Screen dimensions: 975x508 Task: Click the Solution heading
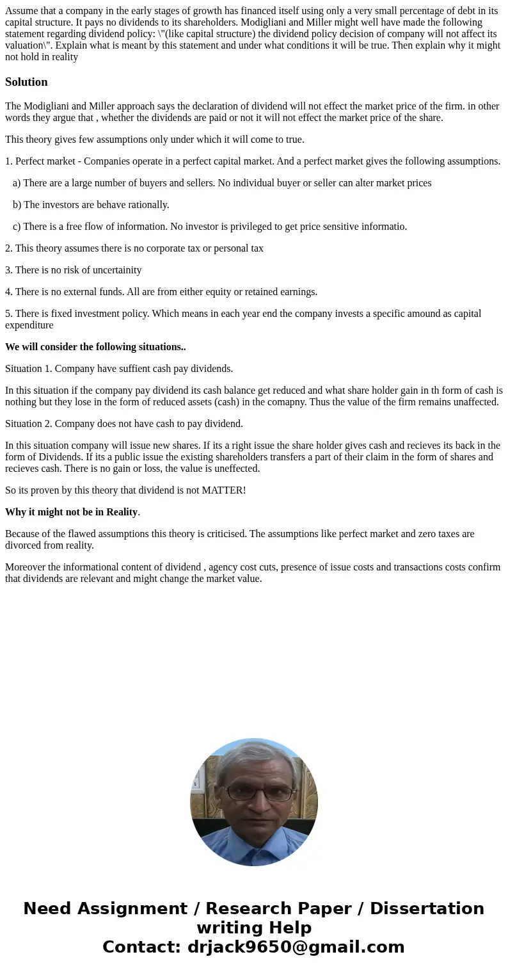26,82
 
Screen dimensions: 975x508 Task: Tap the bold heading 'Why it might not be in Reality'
71,512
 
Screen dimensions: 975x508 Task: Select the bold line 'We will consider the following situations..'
95,347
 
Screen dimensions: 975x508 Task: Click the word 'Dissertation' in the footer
427,909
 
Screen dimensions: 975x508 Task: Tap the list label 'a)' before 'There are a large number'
17,183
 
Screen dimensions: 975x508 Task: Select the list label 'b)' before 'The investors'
17,205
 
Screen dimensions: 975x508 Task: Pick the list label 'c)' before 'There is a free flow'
17,227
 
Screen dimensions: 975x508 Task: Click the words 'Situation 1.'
28,369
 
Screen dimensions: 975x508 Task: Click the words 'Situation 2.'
28,424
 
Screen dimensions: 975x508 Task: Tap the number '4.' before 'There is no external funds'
9,292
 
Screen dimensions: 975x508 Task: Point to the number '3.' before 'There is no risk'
9,270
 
